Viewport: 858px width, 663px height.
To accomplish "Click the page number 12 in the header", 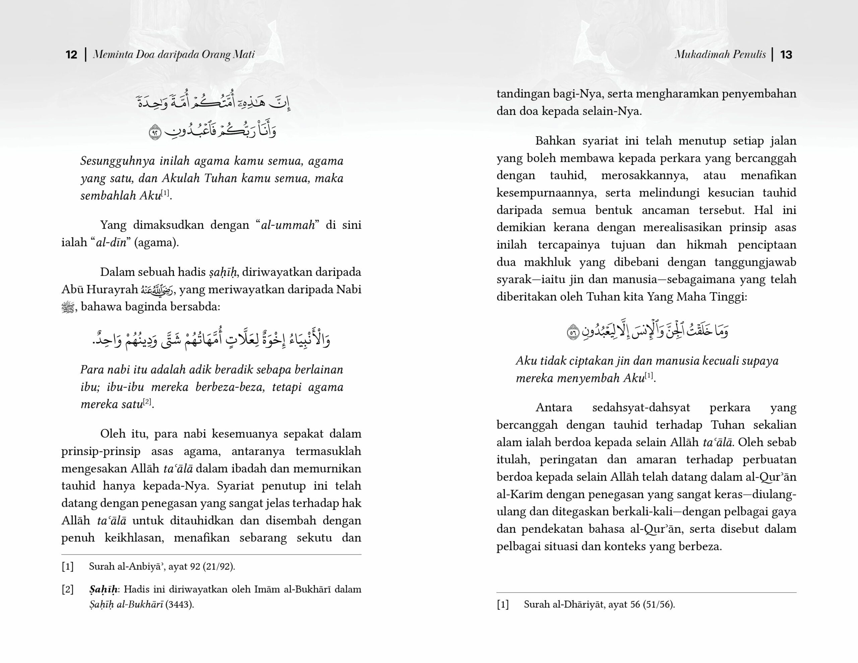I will click(x=71, y=54).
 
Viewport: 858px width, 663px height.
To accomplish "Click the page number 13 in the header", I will click(x=786, y=54).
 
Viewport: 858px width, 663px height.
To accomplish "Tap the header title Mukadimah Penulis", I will click(x=720, y=54).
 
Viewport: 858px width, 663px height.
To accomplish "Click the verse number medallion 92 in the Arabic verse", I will click(x=155, y=132).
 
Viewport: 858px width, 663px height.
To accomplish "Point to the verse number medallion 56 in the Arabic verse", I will click(x=573, y=333).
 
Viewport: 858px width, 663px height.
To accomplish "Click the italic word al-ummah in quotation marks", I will click(x=288, y=225).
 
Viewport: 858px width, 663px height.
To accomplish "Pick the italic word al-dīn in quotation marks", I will click(x=111, y=242).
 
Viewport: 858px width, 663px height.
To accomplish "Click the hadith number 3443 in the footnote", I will click(x=179, y=604).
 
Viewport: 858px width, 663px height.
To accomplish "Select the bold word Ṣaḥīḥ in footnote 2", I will click(x=103, y=590).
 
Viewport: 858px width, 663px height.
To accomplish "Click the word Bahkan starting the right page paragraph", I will click(x=555, y=141).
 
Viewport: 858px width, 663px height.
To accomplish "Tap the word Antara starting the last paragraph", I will click(x=554, y=408).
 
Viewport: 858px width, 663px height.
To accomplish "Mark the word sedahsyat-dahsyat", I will click(x=641, y=408).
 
